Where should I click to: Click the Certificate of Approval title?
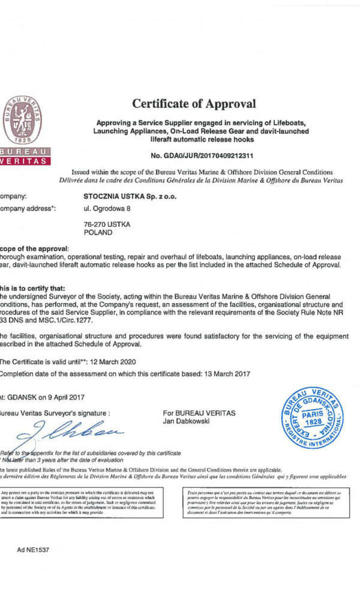194,104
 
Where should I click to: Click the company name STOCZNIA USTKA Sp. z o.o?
130,196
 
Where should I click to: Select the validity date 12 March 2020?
110,362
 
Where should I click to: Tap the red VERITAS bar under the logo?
25,161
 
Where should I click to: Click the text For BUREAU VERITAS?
199,413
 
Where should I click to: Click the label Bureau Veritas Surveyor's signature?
55,413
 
